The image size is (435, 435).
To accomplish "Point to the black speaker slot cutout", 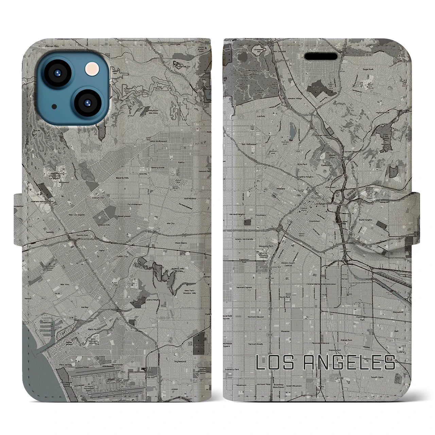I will [x=323, y=56].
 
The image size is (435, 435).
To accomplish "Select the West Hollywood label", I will [x=158, y=141].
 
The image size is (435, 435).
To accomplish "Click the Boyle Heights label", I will [x=365, y=220].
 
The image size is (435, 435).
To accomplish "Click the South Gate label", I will [x=377, y=377].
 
